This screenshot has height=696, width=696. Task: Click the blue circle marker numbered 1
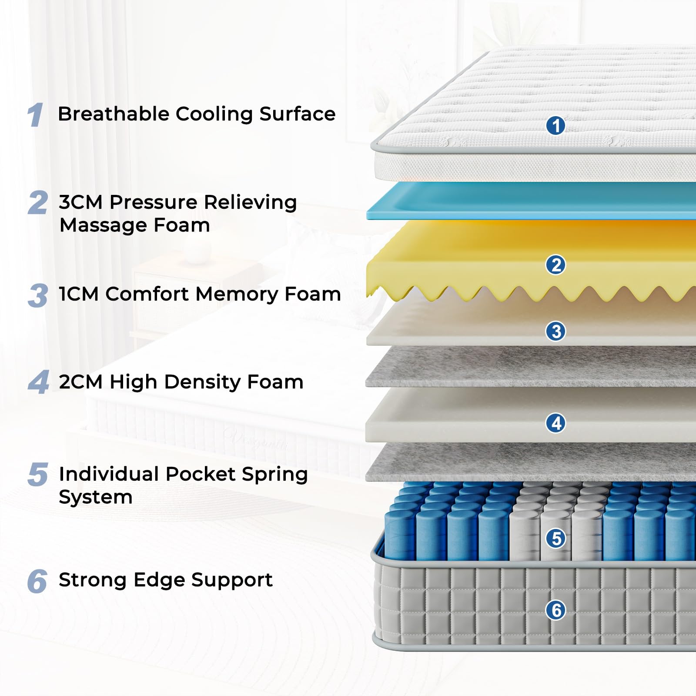pos(555,126)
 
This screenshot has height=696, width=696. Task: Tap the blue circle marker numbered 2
pos(555,265)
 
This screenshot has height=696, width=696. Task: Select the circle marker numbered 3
pos(555,331)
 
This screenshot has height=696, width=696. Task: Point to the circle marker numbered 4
pos(555,423)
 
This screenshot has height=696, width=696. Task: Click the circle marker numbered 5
pos(555,539)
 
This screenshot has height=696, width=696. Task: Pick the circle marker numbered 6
pos(555,610)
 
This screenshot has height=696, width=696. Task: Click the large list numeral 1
pos(36,115)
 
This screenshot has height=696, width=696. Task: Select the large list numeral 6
pos(37,581)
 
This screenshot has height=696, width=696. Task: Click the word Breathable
pos(114,114)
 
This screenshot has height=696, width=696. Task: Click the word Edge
pos(160,580)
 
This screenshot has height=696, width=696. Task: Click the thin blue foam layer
pos(522,201)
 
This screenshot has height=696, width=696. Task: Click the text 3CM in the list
pos(80,202)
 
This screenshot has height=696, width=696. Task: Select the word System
pos(95,497)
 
